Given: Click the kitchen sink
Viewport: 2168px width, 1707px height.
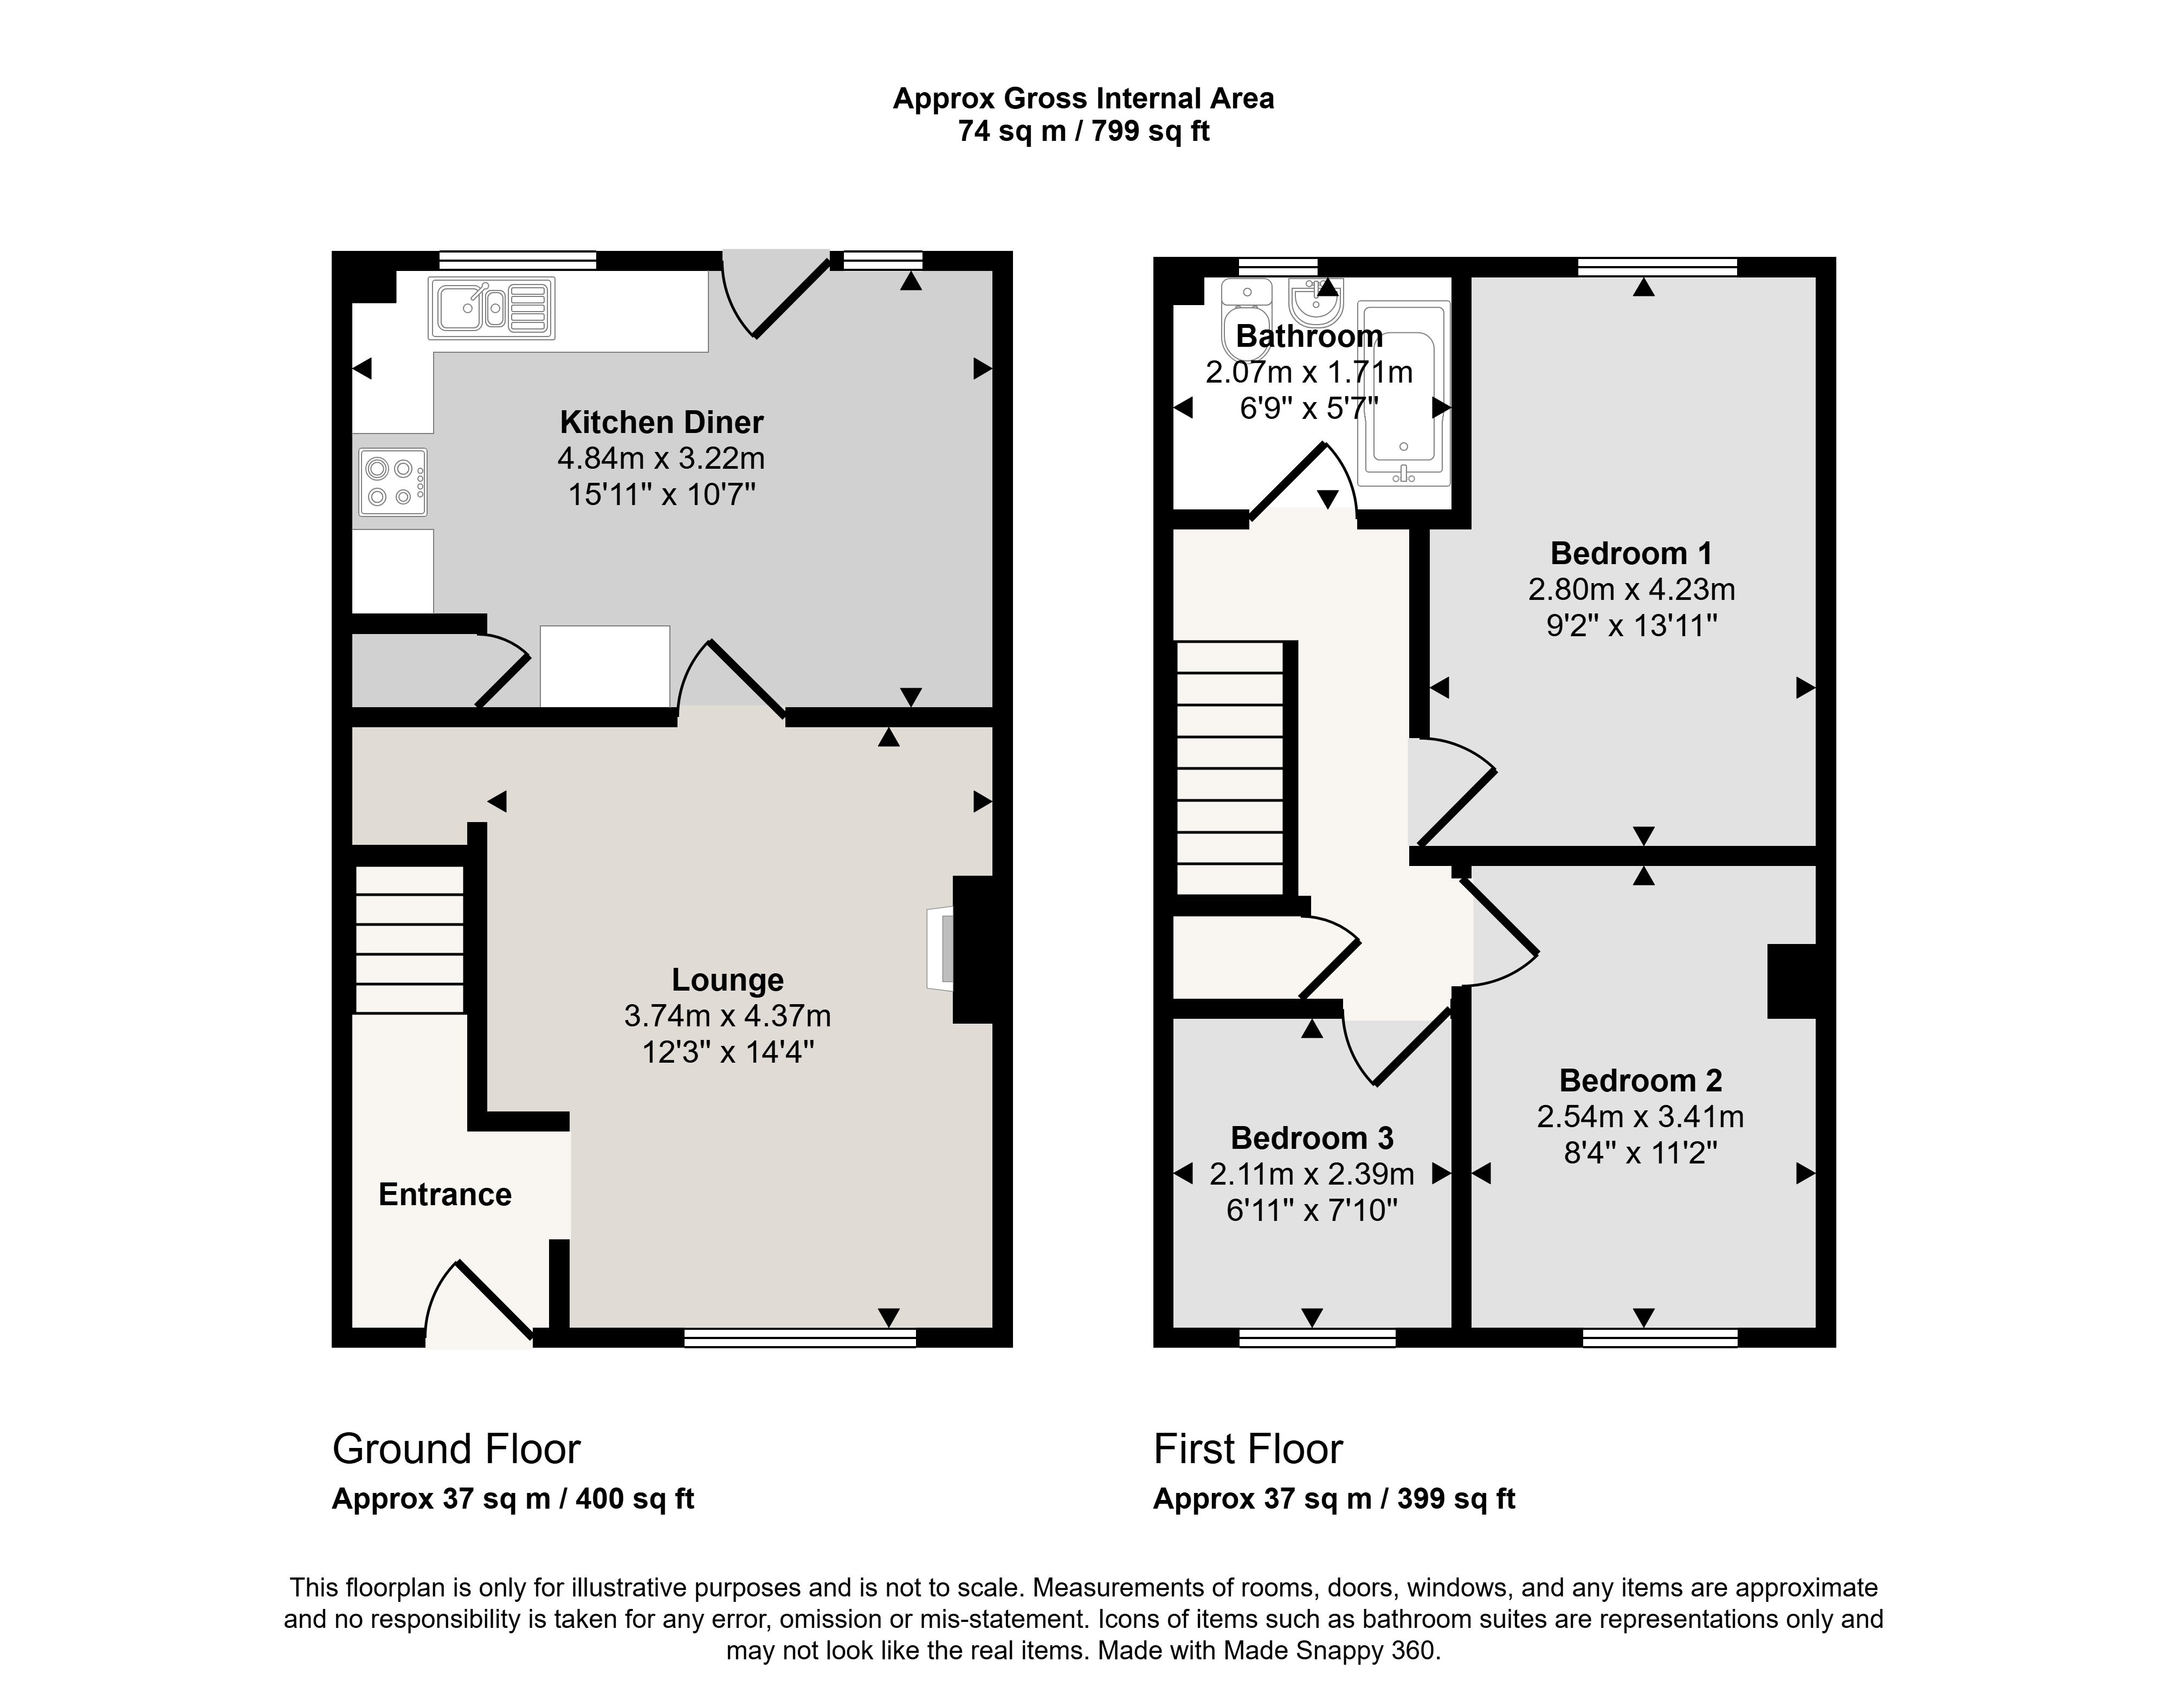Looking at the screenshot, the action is (492, 308).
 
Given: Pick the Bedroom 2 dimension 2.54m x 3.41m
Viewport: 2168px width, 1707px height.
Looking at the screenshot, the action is (1640, 1116).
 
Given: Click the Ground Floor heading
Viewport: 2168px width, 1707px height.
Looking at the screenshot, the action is (456, 1449).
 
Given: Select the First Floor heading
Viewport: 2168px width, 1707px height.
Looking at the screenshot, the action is (1248, 1449).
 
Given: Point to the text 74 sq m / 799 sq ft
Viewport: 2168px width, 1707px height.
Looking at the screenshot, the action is (1083, 131).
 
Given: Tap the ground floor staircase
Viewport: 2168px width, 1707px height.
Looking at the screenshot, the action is (410, 940).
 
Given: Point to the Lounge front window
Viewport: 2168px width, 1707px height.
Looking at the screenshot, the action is (799, 1338).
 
